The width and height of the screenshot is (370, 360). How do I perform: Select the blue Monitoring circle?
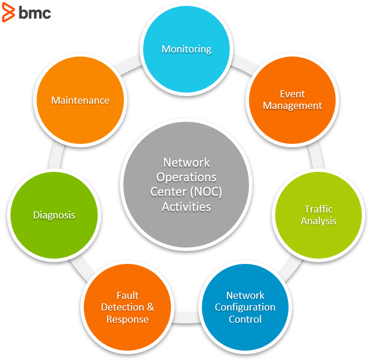click(x=186, y=50)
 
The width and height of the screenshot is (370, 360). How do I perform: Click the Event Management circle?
click(x=292, y=100)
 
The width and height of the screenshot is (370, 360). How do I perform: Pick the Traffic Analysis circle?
click(x=318, y=215)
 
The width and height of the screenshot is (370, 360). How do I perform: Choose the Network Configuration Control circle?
click(x=245, y=307)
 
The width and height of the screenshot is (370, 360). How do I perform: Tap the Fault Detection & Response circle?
click(x=127, y=307)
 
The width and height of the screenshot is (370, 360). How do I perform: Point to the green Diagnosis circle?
click(x=54, y=215)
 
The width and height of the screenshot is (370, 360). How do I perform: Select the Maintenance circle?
click(x=80, y=100)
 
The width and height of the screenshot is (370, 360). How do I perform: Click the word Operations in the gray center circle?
click(x=186, y=177)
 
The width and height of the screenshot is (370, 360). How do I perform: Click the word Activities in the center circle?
click(x=186, y=206)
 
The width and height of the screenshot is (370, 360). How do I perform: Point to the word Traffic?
click(x=319, y=209)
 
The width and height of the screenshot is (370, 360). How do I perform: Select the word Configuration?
click(x=245, y=307)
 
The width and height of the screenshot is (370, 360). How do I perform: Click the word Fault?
click(x=127, y=295)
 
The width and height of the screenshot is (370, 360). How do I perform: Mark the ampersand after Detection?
click(x=150, y=307)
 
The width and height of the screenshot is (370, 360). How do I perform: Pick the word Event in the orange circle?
click(x=292, y=94)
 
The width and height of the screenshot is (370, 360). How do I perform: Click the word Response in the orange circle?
click(x=127, y=319)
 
